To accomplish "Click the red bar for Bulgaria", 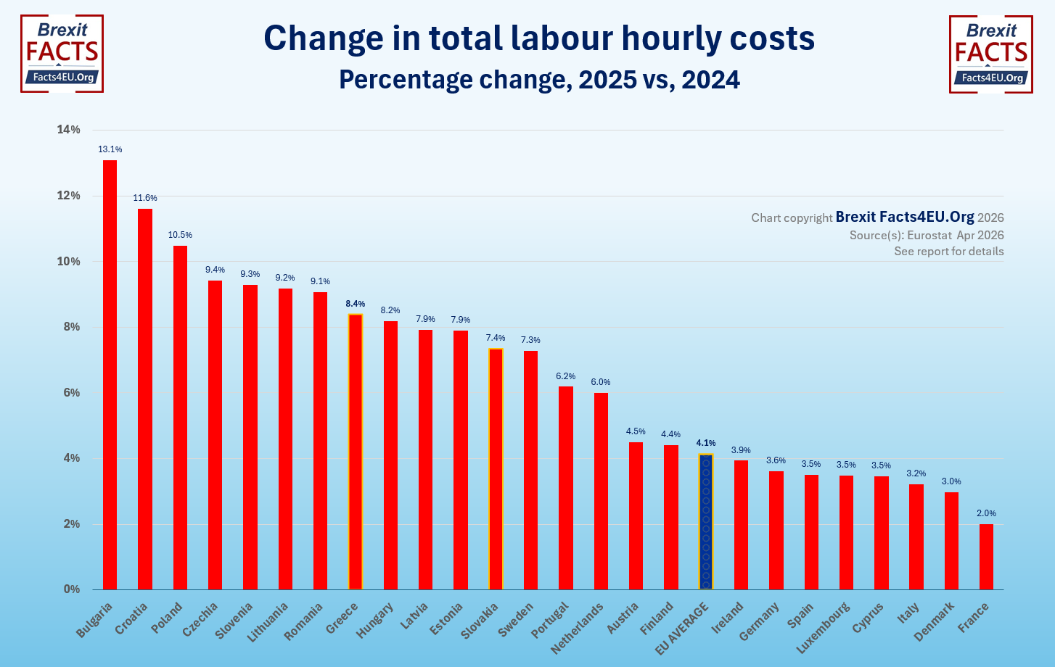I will pyautogui.click(x=110, y=375).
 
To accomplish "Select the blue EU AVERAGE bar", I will pyautogui.click(x=705, y=522).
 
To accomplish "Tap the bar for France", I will pyautogui.click(x=986, y=557).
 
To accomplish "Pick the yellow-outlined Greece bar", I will pyautogui.click(x=355, y=452).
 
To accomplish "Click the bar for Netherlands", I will pyautogui.click(x=601, y=491).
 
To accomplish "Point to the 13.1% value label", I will pyautogui.click(x=110, y=149).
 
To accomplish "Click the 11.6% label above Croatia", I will pyautogui.click(x=145, y=198).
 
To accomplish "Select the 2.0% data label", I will pyautogui.click(x=986, y=513).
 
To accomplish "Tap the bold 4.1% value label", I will pyautogui.click(x=705, y=443).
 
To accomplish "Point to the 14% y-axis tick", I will pyautogui.click(x=69, y=130).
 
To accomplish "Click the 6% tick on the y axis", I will pyautogui.click(x=71, y=393).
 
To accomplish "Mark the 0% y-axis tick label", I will pyautogui.click(x=71, y=589).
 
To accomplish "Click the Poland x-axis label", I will pyautogui.click(x=168, y=618).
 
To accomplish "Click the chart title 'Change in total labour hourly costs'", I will pyautogui.click(x=539, y=38).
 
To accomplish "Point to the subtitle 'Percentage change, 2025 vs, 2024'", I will pyautogui.click(x=539, y=79).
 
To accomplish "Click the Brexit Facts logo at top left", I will pyautogui.click(x=62, y=54).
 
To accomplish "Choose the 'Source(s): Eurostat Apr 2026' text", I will pyautogui.click(x=927, y=235).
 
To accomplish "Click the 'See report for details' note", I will pyautogui.click(x=948, y=252).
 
